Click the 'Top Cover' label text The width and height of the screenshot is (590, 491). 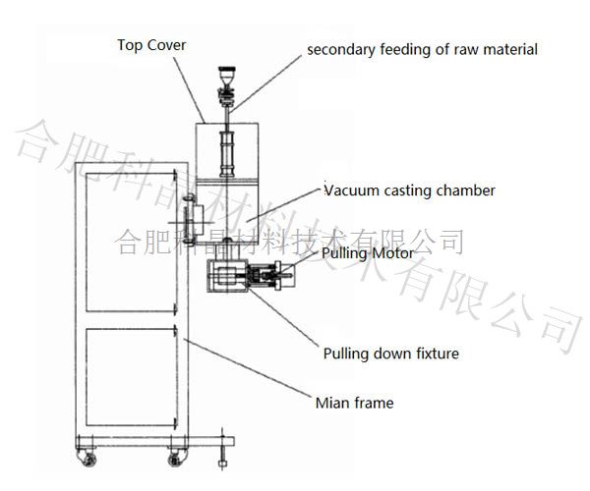point(151,45)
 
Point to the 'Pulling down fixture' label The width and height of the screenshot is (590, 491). point(391,353)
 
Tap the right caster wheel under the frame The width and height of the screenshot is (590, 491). point(178,457)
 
